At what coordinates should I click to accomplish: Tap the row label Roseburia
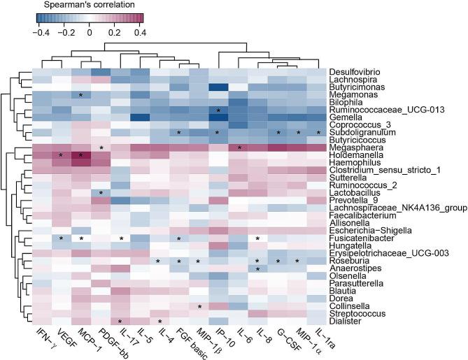(x=349, y=261)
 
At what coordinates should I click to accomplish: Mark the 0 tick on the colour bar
(x=90, y=32)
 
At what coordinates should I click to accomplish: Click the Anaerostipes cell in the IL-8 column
(x=259, y=268)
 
